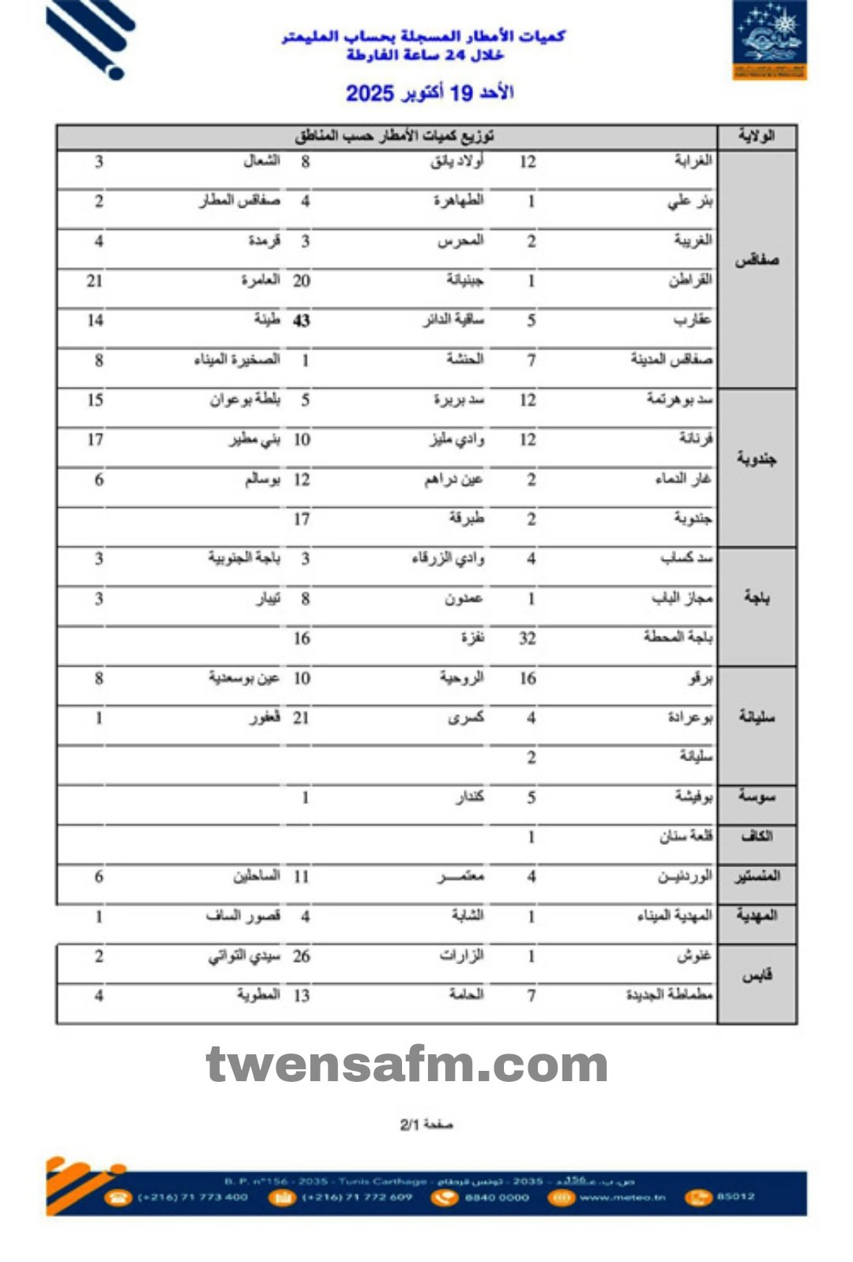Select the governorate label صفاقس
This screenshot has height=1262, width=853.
tap(757, 261)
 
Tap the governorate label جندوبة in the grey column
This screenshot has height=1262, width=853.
tap(757, 459)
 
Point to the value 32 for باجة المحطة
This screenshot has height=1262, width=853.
tap(528, 639)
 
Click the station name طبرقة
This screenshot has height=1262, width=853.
tap(466, 519)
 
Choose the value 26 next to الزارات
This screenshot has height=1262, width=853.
tap(301, 956)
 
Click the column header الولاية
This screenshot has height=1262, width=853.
tap(756, 136)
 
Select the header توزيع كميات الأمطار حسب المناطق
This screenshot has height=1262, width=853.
tap(395, 136)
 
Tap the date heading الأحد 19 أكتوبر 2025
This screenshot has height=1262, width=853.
tap(430, 93)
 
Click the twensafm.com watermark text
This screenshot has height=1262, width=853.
tap(407, 1065)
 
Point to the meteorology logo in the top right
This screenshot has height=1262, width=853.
tap(769, 40)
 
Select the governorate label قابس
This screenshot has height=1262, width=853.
tap(756, 976)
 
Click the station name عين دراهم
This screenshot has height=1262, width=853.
tap(453, 479)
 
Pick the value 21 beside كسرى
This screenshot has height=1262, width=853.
tap(301, 718)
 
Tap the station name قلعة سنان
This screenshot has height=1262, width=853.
tap(686, 836)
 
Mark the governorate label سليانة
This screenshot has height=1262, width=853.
tap(756, 717)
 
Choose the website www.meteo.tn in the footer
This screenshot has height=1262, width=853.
tap(622, 1197)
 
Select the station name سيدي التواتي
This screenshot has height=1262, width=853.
tap(244, 956)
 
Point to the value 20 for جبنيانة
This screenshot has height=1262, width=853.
tap(301, 281)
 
